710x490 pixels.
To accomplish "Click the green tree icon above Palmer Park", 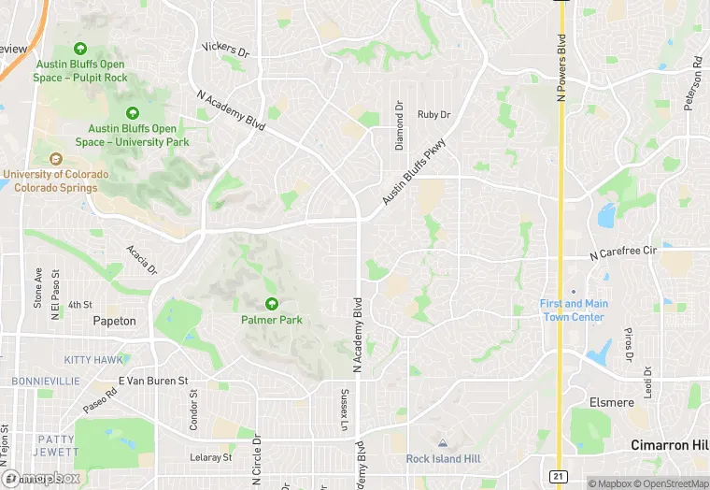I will [x=271, y=303].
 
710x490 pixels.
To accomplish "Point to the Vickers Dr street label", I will [x=226, y=48].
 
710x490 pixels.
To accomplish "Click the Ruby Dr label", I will [x=433, y=115].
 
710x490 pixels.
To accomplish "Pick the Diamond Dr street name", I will [x=399, y=126].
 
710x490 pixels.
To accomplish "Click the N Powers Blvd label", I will [x=561, y=67].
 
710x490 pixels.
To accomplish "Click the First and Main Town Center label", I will [x=574, y=310].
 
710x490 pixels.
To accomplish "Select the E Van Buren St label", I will [x=153, y=382].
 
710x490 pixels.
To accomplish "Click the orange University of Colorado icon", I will [x=55, y=159].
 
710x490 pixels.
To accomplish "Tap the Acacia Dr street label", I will [x=141, y=258].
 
